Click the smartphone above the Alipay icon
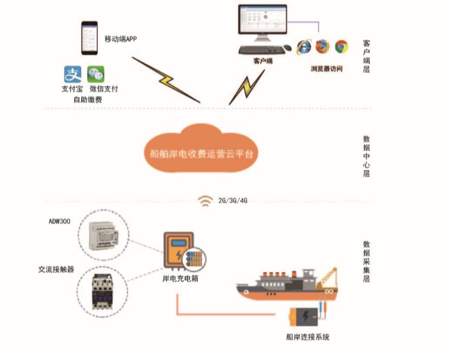91,38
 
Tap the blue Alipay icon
73,74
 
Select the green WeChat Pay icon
96,74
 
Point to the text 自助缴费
88,100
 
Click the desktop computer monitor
262,22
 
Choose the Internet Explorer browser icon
304,47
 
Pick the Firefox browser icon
322,47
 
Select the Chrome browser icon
341,47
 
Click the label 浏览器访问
326,69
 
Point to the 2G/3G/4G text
232,200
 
